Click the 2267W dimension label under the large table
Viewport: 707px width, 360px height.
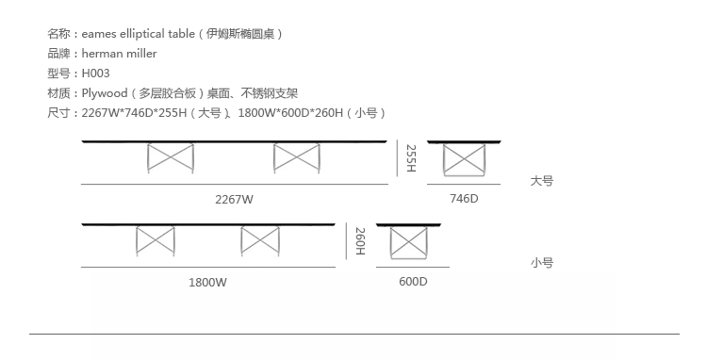tap(234, 199)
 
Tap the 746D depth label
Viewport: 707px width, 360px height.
tap(464, 198)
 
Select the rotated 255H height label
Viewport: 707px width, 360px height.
tap(411, 158)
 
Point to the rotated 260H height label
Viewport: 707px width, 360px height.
tap(360, 241)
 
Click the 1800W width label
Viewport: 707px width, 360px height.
tap(207, 283)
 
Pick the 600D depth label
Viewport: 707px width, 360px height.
tap(413, 282)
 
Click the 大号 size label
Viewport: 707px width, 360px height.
tap(541, 181)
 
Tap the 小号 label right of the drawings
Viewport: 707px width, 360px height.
tap(541, 263)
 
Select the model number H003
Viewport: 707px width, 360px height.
tap(95, 73)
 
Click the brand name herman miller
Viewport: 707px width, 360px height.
tap(119, 53)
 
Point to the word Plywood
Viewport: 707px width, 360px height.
tap(105, 93)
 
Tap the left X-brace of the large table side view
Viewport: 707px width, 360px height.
tap(171, 158)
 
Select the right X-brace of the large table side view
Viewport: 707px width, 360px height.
tap(296, 158)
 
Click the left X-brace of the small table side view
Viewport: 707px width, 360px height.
tap(156, 241)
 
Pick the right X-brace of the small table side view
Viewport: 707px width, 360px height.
tap(260, 241)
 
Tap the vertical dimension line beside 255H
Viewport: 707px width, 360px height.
tap(397, 158)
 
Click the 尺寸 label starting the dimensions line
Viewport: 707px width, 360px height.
tap(58, 113)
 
